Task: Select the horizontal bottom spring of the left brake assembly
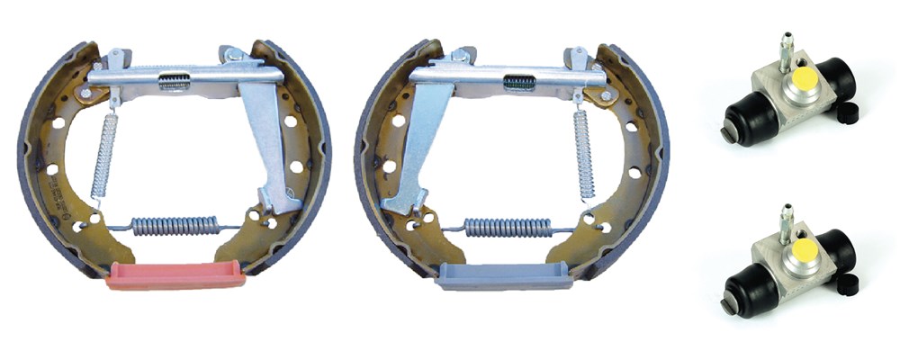pyautogui.click(x=175, y=225)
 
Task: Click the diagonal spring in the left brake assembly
pyautogui.click(x=105, y=154)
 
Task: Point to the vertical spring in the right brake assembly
pyautogui.click(x=584, y=153)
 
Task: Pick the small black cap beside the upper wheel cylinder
pyautogui.click(x=845, y=112)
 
